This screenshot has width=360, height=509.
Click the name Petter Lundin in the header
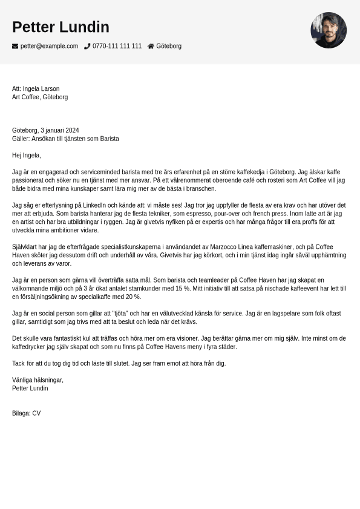61,27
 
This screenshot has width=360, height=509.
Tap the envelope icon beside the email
15,46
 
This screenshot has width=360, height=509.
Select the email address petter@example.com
49,46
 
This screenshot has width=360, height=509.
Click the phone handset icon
87,46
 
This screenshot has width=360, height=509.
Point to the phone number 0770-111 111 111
117,46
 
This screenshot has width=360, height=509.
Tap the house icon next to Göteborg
151,46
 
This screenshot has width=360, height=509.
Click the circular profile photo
329,30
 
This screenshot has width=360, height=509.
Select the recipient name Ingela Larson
41,89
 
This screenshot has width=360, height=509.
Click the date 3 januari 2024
59,130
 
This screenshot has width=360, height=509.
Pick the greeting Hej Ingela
27,156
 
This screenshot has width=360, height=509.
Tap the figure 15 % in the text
182,289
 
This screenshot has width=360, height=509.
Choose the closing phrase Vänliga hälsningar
38,380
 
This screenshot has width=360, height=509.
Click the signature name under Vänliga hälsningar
30,389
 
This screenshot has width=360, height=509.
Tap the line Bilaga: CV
26,413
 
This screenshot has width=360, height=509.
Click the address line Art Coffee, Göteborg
40,97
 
